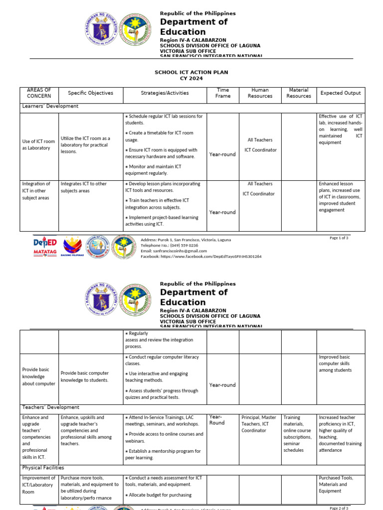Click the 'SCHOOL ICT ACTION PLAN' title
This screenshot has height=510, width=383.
point(191,72)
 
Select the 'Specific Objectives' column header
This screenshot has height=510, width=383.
point(90,93)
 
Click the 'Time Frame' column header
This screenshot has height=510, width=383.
point(223,93)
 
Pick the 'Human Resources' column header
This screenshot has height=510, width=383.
point(260,93)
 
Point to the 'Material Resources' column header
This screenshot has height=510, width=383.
point(299,93)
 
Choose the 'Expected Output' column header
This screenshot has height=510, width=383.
point(341,93)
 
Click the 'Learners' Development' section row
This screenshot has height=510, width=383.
point(50,106)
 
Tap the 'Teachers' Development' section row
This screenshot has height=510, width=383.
point(50,407)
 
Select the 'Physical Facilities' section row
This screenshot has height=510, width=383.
point(43,468)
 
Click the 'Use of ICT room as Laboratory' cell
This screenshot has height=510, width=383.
point(38,144)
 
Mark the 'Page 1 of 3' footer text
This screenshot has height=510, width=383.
point(339,238)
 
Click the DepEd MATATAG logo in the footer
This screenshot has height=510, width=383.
point(45,246)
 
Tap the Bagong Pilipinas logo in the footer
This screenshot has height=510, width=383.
point(71,246)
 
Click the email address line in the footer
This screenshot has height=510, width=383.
point(174,251)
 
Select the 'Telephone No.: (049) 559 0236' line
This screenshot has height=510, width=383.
point(170,246)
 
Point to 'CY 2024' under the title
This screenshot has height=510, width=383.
point(191,79)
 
